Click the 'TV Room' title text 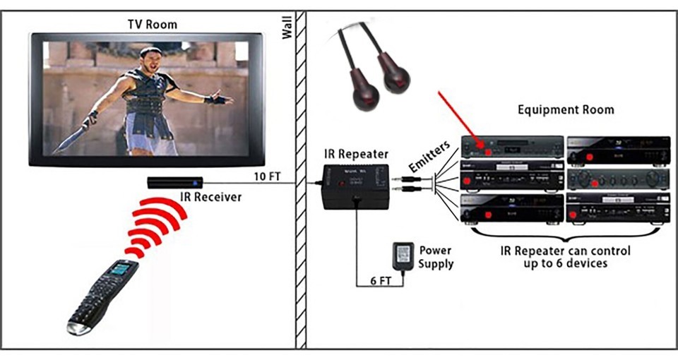(x=152, y=24)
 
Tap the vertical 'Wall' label (x=287, y=28)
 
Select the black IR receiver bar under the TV (x=175, y=182)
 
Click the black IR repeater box (x=355, y=186)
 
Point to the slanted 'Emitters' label (x=427, y=157)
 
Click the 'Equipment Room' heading (x=566, y=110)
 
